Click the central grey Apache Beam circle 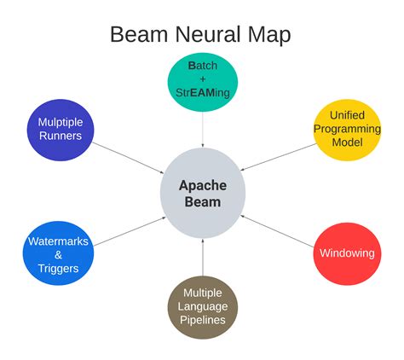tap(202, 194)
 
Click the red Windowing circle tap(346, 253)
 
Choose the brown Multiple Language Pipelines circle tap(202, 307)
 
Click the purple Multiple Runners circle tap(60, 129)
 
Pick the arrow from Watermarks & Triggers tap(128, 230)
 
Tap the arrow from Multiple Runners tap(128, 159)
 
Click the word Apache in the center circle tap(202, 185)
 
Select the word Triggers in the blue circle tap(57, 268)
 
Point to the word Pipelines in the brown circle tap(202, 321)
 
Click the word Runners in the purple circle tap(60, 136)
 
